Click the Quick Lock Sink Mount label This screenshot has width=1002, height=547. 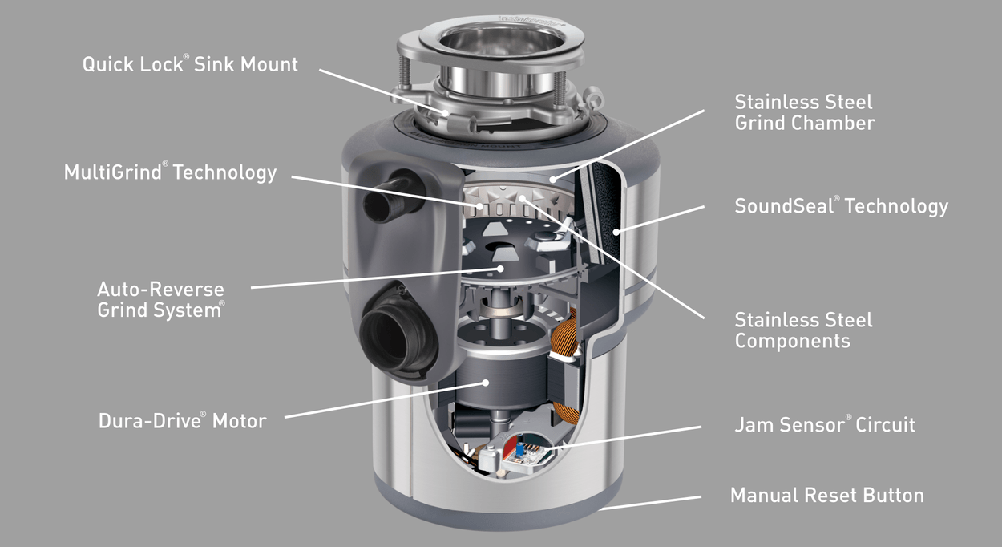(190, 64)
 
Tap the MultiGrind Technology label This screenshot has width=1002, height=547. (171, 172)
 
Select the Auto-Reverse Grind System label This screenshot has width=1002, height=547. (161, 299)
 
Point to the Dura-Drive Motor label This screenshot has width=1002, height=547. (183, 421)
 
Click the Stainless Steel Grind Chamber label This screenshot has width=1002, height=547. (805, 112)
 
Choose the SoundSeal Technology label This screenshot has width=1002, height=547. (842, 206)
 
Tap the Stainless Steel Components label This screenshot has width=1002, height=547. (803, 330)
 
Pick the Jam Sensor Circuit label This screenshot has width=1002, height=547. (825, 425)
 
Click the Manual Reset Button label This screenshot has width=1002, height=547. (827, 496)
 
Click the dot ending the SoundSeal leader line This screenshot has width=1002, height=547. (616, 232)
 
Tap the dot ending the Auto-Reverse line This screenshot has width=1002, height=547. (500, 269)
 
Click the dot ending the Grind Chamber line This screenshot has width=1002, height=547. (553, 180)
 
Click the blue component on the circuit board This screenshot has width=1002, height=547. (519, 448)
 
